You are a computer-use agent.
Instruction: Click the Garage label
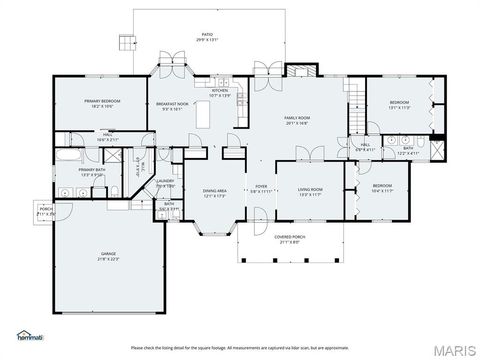tap(108, 257)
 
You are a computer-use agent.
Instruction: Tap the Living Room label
tap(310, 191)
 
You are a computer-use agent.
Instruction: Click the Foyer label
tap(260, 188)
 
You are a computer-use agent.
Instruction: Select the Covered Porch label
tap(290, 239)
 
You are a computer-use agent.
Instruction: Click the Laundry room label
tap(165, 183)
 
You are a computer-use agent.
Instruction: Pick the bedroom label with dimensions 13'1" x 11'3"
tap(399, 103)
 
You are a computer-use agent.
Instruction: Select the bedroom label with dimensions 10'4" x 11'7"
tap(383, 187)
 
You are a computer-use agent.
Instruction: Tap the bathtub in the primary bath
tap(68, 157)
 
